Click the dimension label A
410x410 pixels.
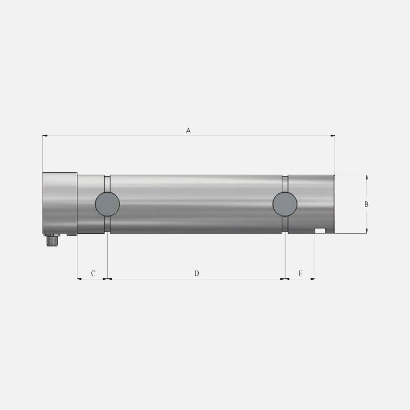click(x=188, y=131)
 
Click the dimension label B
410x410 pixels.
click(x=366, y=204)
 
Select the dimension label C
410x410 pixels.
click(x=93, y=274)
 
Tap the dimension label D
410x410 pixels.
click(x=196, y=274)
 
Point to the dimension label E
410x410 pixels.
click(x=300, y=274)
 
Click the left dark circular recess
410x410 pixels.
click(x=108, y=204)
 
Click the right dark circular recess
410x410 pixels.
click(x=284, y=204)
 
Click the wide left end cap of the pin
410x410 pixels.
click(x=59, y=203)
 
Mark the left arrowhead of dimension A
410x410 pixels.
click(x=45, y=136)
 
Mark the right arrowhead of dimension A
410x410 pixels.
click(x=332, y=136)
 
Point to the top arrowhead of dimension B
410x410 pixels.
click(x=366, y=177)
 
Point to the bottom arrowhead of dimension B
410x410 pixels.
click(x=366, y=231)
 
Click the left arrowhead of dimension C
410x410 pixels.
click(x=79, y=279)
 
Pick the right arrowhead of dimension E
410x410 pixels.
click(x=313, y=279)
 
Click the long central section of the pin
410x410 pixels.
click(x=196, y=204)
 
